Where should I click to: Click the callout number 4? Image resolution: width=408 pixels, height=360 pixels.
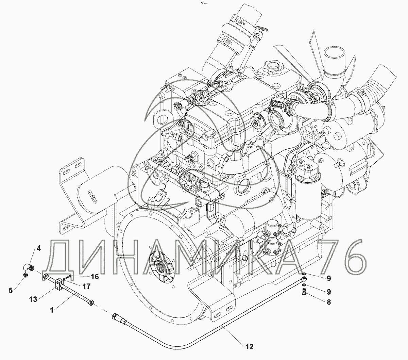(39, 248)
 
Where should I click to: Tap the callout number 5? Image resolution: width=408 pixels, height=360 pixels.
(11, 291)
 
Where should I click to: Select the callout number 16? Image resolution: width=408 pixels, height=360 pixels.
(95, 277)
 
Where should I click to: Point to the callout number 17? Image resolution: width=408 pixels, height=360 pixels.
(87, 286)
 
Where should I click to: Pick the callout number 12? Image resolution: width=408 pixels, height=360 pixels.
(249, 347)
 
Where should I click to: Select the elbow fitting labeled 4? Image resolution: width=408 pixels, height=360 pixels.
(29, 268)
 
